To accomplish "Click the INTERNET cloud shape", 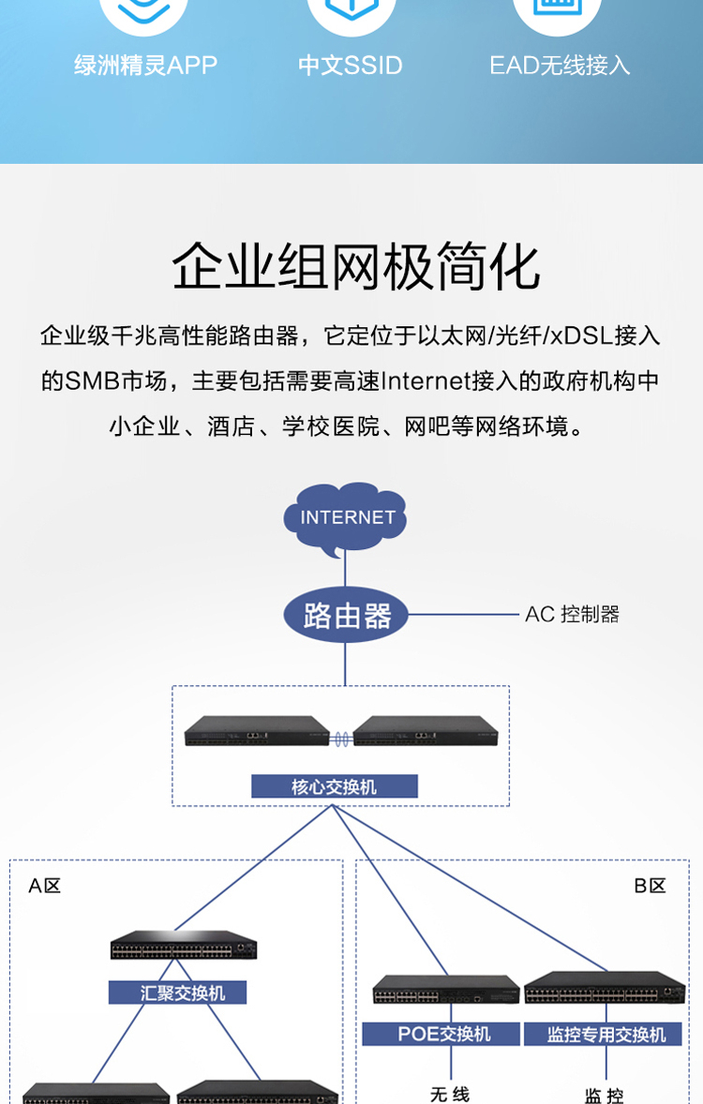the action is click(345, 517).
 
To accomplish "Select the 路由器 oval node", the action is click(345, 615).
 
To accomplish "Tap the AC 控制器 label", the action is click(572, 615).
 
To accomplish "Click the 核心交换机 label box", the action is click(335, 786).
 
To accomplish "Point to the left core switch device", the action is click(257, 731).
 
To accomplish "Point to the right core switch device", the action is click(426, 731).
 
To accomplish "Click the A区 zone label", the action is click(44, 886).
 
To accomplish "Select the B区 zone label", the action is click(650, 886).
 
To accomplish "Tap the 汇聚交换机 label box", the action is click(177, 992).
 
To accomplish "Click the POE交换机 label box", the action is click(441, 1035).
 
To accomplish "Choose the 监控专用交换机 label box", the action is click(606, 1035).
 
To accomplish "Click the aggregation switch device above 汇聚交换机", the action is click(183, 945).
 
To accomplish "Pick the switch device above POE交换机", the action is click(446, 989).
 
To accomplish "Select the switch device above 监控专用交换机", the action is click(605, 987).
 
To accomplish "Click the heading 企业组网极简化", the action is click(356, 266).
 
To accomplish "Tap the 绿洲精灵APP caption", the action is click(146, 66).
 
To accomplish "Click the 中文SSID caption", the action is click(350, 66).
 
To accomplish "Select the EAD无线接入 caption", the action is click(560, 66).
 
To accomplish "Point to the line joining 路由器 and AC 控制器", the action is click(463, 614).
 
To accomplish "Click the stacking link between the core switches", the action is click(341, 738).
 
